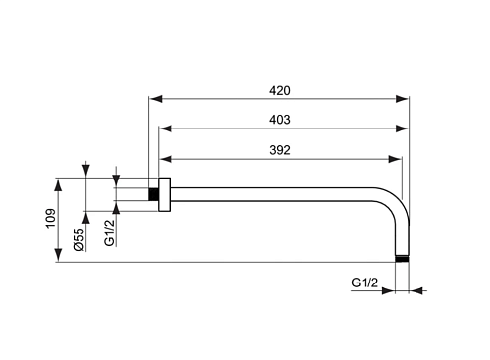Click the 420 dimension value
tap(280, 90)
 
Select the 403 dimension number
tap(280, 120)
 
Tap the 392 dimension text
tap(280, 150)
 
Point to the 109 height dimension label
tap(51, 218)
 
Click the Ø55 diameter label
tap(79, 239)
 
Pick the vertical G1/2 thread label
tap(109, 232)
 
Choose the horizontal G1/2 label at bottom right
tap(365, 283)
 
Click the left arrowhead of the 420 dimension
tap(155, 99)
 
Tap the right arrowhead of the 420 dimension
tap(402, 99)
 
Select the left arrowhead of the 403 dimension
tap(166, 129)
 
